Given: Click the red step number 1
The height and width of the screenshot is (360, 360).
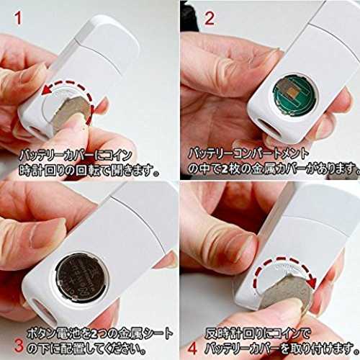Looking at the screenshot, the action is (x=18, y=18).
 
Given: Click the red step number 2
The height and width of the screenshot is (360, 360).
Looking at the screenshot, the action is (x=210, y=18).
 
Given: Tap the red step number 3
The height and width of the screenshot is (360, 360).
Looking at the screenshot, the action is (x=19, y=346).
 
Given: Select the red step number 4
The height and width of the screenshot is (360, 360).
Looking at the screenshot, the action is (x=192, y=348).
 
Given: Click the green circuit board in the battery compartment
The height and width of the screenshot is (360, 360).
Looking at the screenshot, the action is (x=294, y=95).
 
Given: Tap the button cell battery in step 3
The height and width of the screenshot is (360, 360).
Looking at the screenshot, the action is (x=82, y=278).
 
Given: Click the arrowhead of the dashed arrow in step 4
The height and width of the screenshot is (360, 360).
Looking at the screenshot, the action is (x=312, y=283).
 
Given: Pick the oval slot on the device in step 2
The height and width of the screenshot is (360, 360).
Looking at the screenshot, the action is (x=270, y=128).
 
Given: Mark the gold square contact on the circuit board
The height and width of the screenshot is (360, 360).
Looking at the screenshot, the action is (x=293, y=91).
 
